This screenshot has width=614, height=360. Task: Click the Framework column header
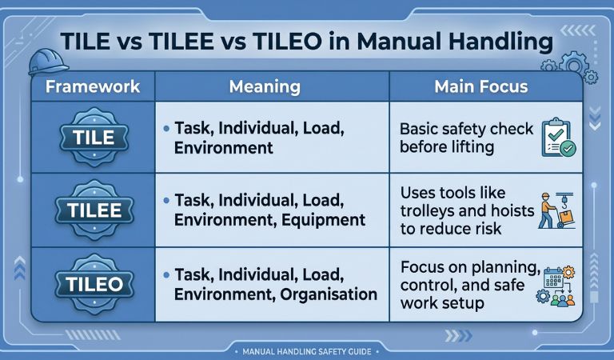tap(93, 86)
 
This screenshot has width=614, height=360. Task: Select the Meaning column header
tap(265, 86)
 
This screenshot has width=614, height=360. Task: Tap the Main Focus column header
tap(480, 86)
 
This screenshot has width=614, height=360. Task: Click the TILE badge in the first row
tap(94, 138)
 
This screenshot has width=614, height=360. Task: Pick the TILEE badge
tap(94, 210)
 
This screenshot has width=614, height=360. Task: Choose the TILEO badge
tap(94, 284)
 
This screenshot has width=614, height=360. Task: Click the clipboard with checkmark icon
tap(558, 138)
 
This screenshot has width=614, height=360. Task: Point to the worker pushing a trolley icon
tap(556, 210)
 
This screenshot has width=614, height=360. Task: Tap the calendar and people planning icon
tap(556, 286)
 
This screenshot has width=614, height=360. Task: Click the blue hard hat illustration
tap(48, 62)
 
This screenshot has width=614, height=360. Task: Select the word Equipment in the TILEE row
tap(323, 220)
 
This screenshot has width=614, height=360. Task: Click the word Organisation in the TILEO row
tap(329, 294)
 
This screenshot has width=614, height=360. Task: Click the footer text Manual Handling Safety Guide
tap(307, 351)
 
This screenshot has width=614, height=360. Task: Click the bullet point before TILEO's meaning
tap(166, 275)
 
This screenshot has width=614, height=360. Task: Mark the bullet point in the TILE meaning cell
tap(166, 128)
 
